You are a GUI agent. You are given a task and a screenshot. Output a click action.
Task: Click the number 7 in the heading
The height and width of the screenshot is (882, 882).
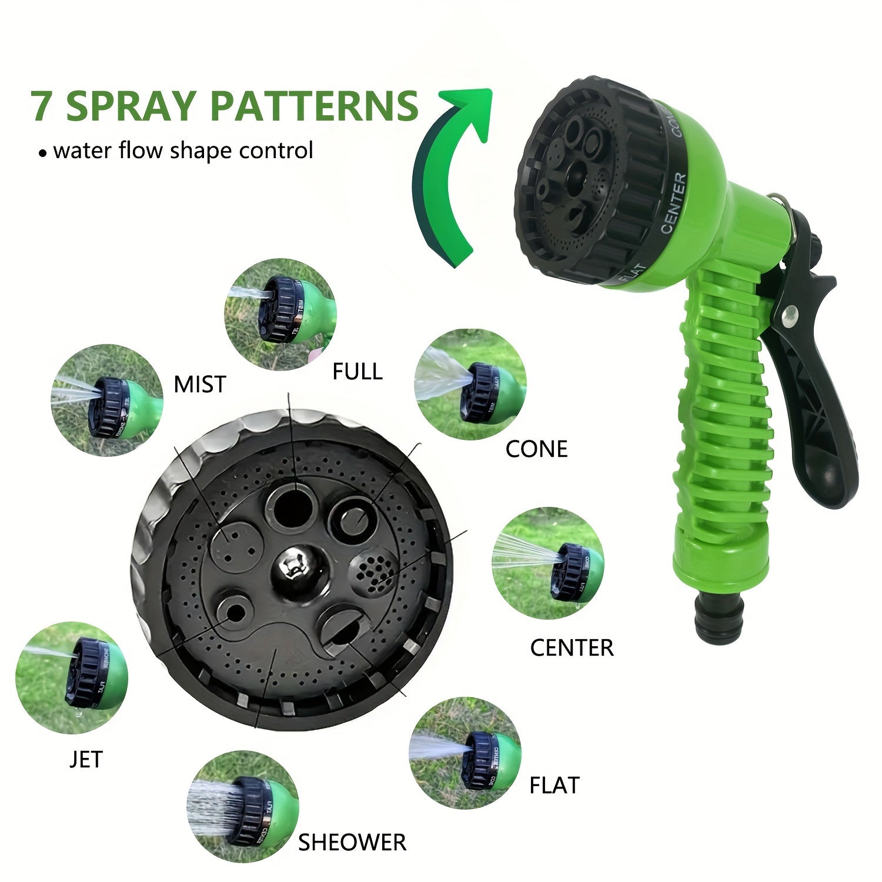(42, 106)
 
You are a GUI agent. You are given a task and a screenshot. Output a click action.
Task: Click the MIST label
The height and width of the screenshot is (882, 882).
(200, 385)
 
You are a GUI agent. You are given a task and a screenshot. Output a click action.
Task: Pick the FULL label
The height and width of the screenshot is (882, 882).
(357, 372)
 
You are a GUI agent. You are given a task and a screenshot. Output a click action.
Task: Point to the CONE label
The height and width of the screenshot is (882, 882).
(536, 449)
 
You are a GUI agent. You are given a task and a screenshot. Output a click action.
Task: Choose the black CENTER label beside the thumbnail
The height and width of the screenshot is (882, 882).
(572, 648)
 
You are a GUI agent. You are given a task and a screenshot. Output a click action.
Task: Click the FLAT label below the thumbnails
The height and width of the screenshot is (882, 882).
(554, 786)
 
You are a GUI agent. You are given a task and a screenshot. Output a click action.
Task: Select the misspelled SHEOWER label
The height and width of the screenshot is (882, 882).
(352, 843)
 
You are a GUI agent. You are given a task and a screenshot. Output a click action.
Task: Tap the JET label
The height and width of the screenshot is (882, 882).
(86, 760)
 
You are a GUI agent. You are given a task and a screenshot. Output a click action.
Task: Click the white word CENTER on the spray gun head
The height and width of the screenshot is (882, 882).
(674, 203)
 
